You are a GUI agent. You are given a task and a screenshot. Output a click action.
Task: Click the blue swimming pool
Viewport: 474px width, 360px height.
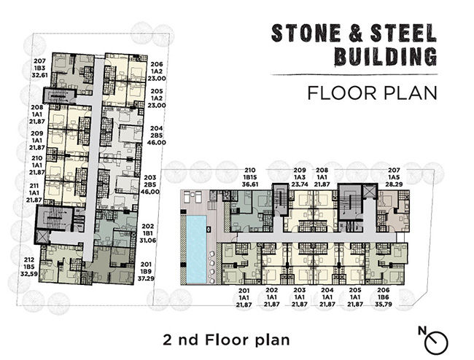196,249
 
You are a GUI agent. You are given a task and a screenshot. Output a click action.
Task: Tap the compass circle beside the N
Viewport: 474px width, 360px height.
436,343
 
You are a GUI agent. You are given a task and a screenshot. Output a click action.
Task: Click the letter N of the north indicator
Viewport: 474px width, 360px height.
422,331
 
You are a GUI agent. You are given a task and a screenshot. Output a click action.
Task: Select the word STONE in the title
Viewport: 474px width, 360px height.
306,33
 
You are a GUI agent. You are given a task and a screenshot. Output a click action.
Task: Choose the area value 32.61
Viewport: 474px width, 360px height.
40,75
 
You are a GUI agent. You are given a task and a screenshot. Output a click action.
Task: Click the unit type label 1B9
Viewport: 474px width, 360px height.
146,272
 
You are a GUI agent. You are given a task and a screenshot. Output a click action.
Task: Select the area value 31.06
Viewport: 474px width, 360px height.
148,240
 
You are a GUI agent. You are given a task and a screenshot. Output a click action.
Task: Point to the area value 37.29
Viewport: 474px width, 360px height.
146,278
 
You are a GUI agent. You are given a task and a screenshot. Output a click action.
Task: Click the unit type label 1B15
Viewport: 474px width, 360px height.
250,177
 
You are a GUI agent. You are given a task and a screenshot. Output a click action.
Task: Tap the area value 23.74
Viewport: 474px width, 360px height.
300,184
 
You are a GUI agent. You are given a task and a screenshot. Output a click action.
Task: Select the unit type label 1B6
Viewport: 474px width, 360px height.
384,297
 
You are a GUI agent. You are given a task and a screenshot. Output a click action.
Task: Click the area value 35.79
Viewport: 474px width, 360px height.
384,305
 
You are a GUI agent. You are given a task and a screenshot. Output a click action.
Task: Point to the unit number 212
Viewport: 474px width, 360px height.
29,260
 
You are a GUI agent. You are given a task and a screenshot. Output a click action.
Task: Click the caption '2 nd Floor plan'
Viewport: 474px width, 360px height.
226,340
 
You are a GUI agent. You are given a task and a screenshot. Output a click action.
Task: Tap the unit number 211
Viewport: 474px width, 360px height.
34,186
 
